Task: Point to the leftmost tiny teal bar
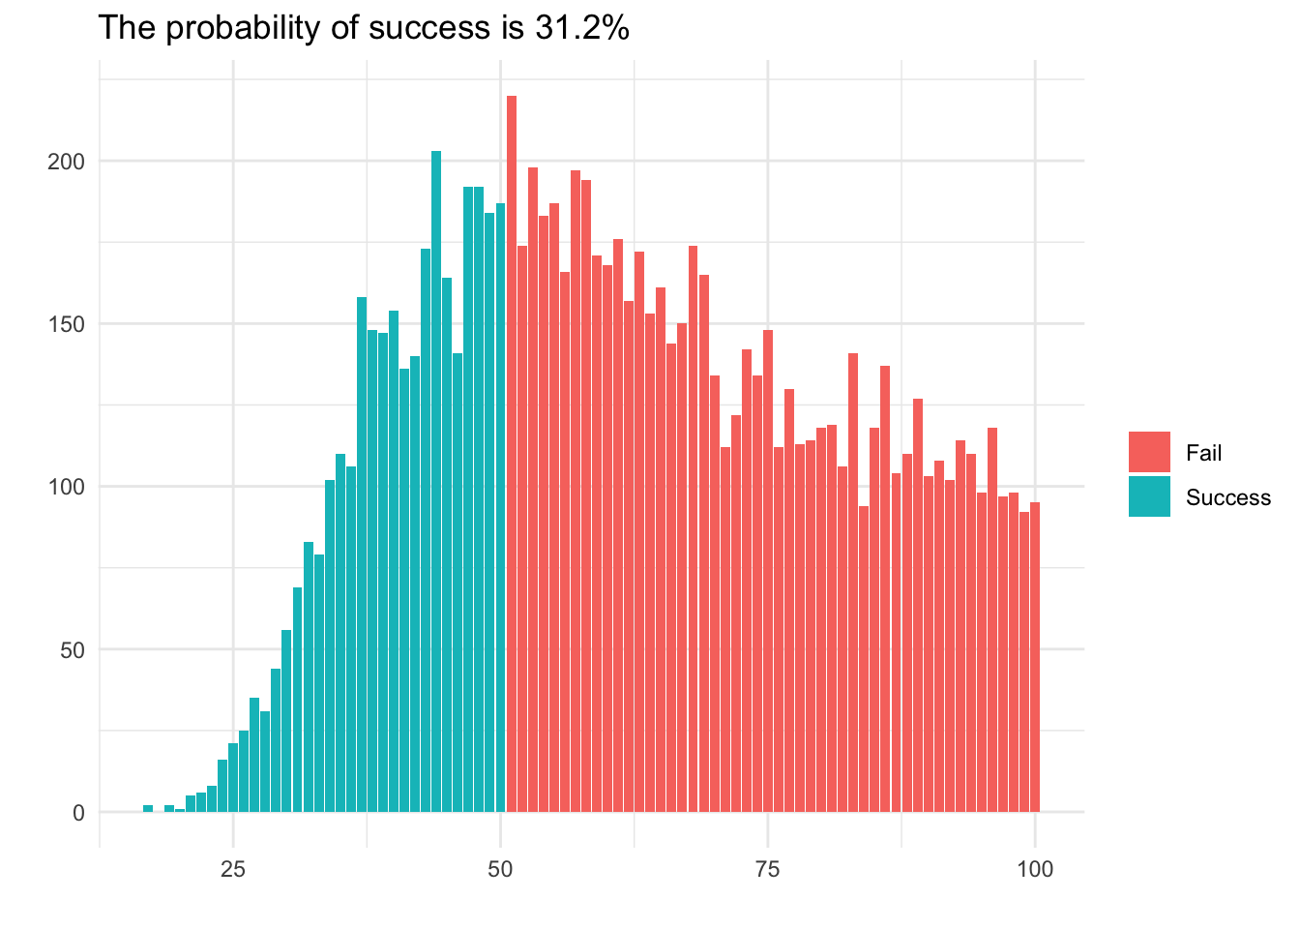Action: tap(148, 808)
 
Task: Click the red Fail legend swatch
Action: tap(1149, 452)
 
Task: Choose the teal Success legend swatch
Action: tap(1149, 496)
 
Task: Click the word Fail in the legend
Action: tap(1203, 453)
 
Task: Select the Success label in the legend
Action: tap(1227, 497)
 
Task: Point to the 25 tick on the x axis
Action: tap(233, 869)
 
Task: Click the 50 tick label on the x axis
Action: tap(500, 869)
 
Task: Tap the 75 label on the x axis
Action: tap(768, 869)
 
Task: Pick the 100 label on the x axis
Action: tap(1035, 869)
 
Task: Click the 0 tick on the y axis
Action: tap(78, 813)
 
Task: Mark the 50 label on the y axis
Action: tap(74, 649)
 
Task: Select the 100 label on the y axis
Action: tap(68, 487)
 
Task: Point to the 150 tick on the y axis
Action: tap(68, 324)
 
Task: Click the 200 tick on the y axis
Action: tap(68, 162)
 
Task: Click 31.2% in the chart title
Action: tap(581, 28)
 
